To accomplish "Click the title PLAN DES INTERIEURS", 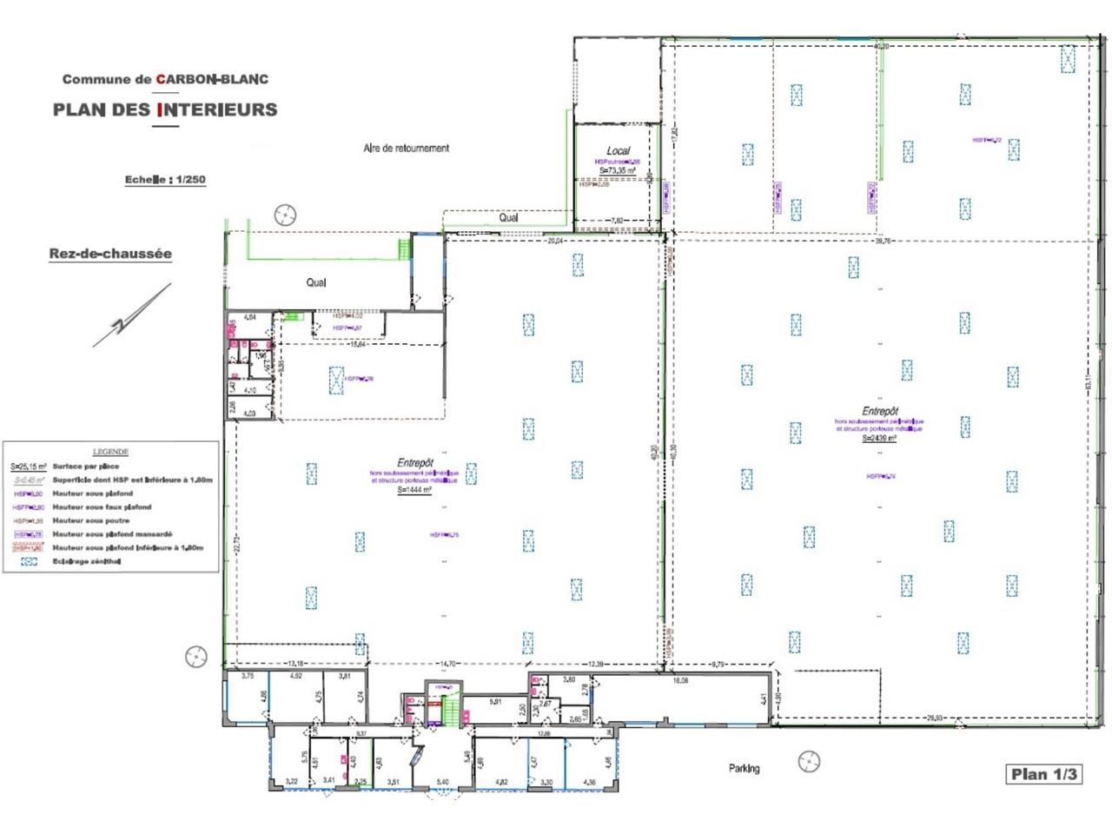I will pyautogui.click(x=165, y=109).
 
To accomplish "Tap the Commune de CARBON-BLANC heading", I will pyautogui.click(x=165, y=79).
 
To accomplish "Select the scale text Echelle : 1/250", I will pyautogui.click(x=165, y=180).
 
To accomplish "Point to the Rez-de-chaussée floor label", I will pyautogui.click(x=110, y=254).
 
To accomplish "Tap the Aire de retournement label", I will pyautogui.click(x=406, y=149).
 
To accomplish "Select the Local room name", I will pyautogui.click(x=618, y=150).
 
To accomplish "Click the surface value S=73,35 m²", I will pyautogui.click(x=618, y=171).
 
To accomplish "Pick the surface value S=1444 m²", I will pyautogui.click(x=414, y=490).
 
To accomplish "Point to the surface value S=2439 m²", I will pyautogui.click(x=879, y=439).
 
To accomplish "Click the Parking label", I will pyautogui.click(x=744, y=768).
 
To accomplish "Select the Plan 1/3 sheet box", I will pyautogui.click(x=1043, y=774).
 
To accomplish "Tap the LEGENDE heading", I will pyautogui.click(x=110, y=452).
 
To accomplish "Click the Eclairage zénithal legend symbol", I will pyautogui.click(x=29, y=561).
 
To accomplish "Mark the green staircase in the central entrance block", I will pyautogui.click(x=449, y=712).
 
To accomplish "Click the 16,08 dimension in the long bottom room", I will pyautogui.click(x=681, y=681).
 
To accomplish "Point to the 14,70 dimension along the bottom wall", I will pyautogui.click(x=447, y=664).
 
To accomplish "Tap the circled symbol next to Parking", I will pyautogui.click(x=809, y=761).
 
